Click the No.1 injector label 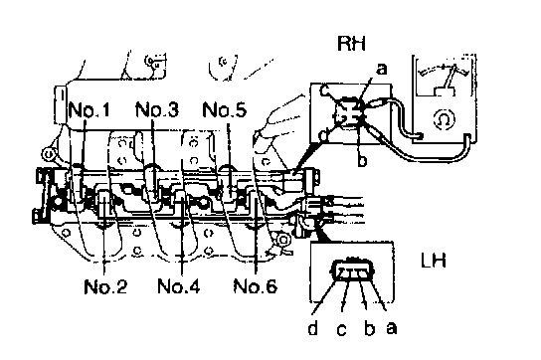coord(90,109)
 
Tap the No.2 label coord(105,286)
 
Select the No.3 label coord(157,109)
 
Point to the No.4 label coord(179,286)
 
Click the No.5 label coord(225,109)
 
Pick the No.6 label coord(256,286)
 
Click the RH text coord(351,44)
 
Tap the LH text coord(434,260)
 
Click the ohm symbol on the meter coord(445,119)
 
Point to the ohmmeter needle coord(450,77)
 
